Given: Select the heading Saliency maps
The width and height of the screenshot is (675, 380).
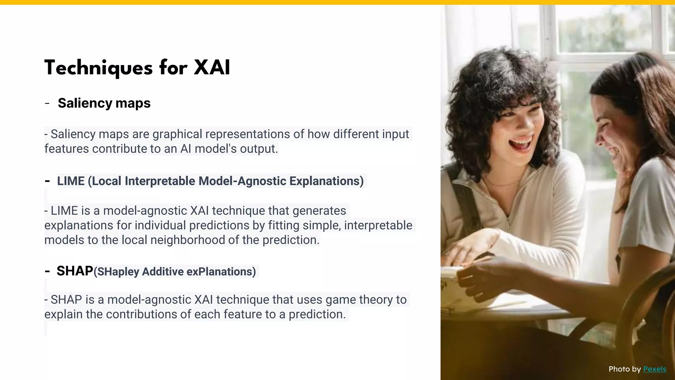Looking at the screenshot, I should click(104, 103).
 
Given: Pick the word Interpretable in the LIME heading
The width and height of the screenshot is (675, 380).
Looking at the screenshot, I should click(160, 181).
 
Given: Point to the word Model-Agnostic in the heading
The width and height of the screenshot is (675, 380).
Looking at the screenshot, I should click(242, 181).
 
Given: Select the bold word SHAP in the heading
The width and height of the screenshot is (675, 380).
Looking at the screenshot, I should click(75, 271).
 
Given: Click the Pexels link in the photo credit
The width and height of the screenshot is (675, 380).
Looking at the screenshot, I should click(655, 369).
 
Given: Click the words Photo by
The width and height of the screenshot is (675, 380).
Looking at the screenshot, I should click(624, 369).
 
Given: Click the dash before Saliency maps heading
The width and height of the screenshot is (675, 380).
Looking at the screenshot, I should click(47, 104).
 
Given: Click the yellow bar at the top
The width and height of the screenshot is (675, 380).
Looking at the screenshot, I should click(337, 2).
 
